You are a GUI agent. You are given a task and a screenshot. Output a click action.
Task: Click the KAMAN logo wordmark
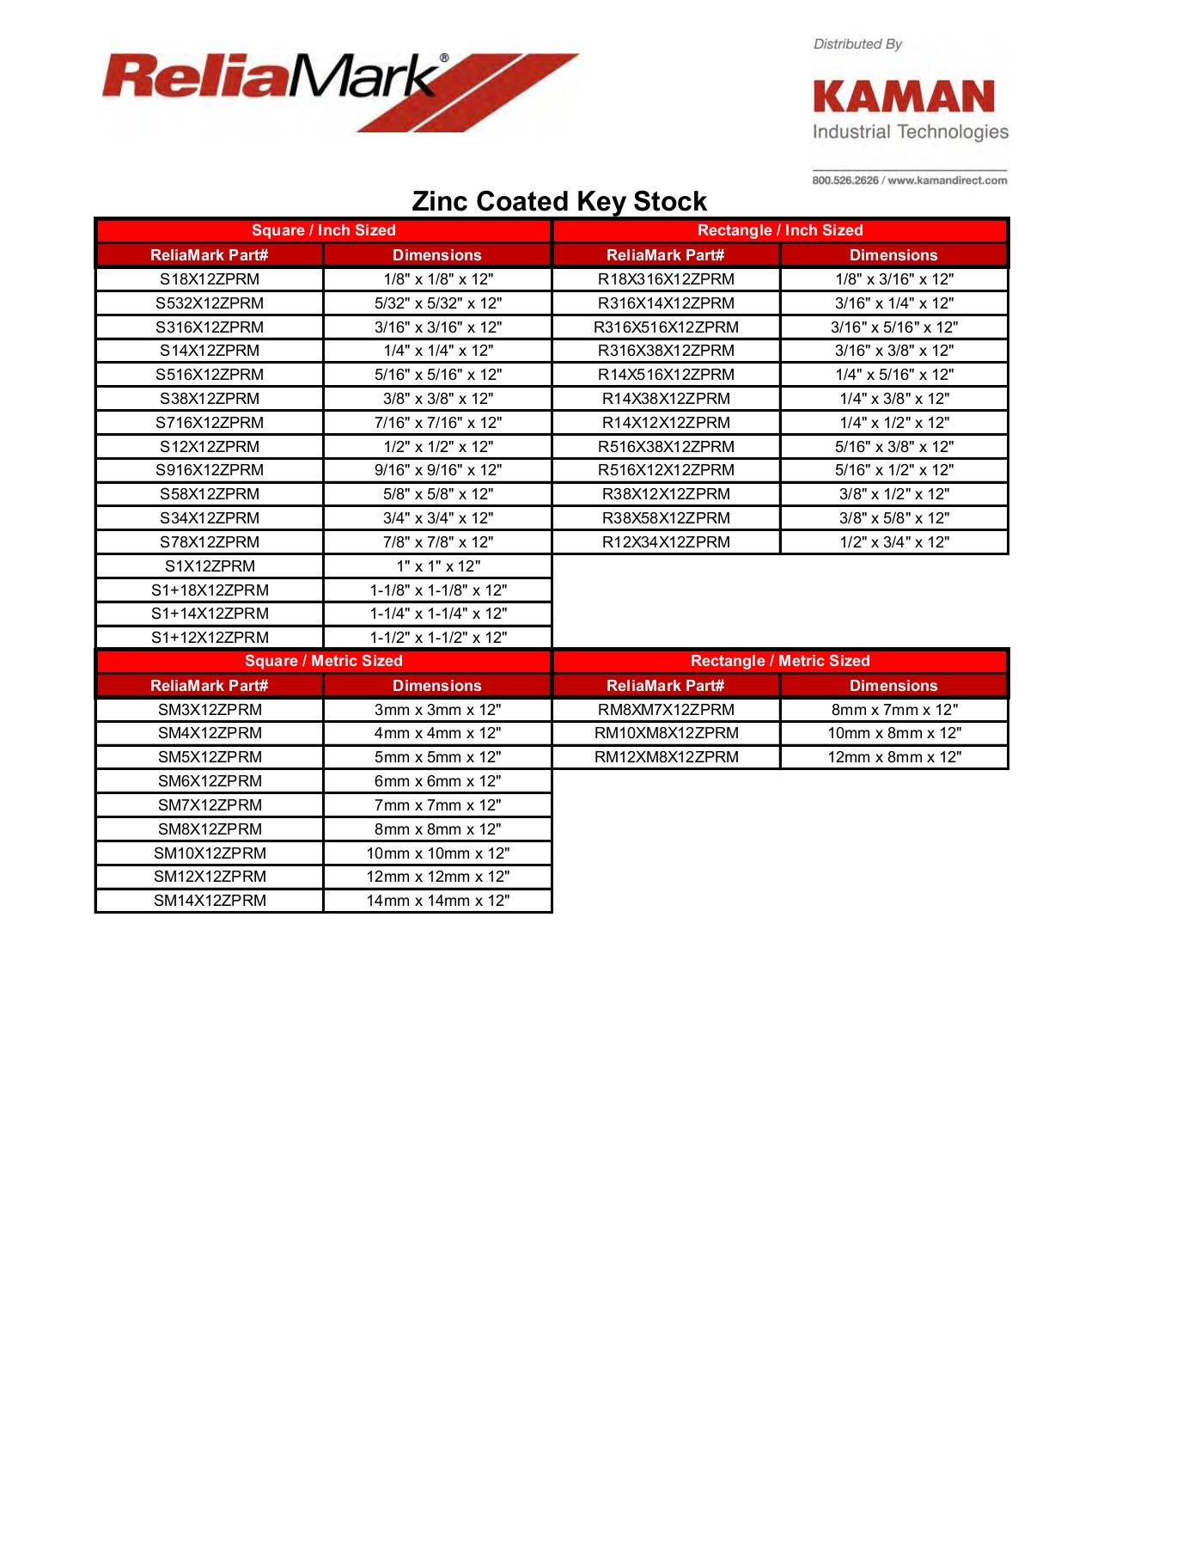coord(904,97)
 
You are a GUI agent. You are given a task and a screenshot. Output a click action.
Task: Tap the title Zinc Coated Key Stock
coord(559,201)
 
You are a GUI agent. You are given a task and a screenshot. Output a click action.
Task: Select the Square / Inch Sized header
coord(323,230)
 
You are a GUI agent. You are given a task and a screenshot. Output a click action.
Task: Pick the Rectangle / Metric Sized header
coord(780,661)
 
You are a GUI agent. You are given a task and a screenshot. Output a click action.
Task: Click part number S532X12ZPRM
coord(210,303)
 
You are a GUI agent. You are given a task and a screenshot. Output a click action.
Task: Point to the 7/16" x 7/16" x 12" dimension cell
coord(438,423)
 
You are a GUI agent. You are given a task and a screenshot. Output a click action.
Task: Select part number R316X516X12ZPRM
coord(666,327)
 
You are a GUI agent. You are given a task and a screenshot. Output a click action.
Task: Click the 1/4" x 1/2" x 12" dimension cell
coord(894,423)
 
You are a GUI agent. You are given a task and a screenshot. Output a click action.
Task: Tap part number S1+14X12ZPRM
coord(210,614)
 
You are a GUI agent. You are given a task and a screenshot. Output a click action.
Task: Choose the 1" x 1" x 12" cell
coord(438,566)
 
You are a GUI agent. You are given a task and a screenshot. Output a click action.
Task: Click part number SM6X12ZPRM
coord(210,781)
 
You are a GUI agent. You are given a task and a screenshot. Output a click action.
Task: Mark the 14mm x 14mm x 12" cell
coord(438,901)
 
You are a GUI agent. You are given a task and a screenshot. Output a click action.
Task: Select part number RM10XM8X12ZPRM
coord(666,733)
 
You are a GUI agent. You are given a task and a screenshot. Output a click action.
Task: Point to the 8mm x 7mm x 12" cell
coord(894,710)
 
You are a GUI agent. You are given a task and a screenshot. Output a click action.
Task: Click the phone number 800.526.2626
coord(845,180)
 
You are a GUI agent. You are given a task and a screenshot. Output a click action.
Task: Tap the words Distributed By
coord(857,44)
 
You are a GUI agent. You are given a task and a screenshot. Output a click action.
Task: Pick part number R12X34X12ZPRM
coord(666,542)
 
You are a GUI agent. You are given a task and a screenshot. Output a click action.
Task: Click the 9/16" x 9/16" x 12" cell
coord(438,470)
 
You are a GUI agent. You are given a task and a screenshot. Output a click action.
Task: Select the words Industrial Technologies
coord(911,131)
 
